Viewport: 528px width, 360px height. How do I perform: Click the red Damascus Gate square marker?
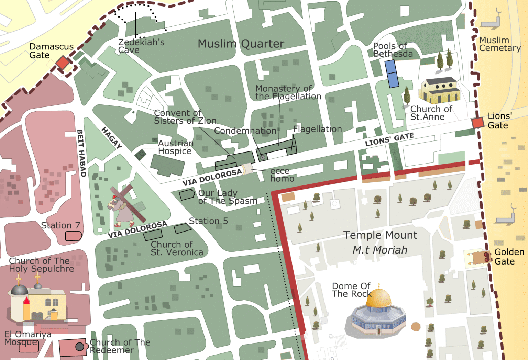pos(63,63)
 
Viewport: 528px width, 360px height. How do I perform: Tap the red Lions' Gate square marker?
pos(477,123)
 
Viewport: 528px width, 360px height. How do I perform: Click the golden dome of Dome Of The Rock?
pos(378,298)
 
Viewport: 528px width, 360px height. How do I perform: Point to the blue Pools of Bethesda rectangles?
pos(392,74)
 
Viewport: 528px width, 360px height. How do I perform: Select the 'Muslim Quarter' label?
pos(241,44)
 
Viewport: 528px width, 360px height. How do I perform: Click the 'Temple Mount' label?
pos(380,235)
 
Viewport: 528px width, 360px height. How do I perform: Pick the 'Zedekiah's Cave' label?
pos(141,46)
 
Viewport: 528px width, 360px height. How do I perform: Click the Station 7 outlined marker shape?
pos(73,236)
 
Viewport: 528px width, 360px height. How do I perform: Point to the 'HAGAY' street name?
pos(112,137)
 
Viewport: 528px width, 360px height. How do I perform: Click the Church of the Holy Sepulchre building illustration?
pos(38,304)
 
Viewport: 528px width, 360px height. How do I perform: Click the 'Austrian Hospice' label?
pos(175,147)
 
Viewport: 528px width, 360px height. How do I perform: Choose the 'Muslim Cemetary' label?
pos(499,44)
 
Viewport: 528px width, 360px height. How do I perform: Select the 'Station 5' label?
pos(208,221)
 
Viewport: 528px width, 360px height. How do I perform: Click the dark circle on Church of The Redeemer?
pos(80,347)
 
